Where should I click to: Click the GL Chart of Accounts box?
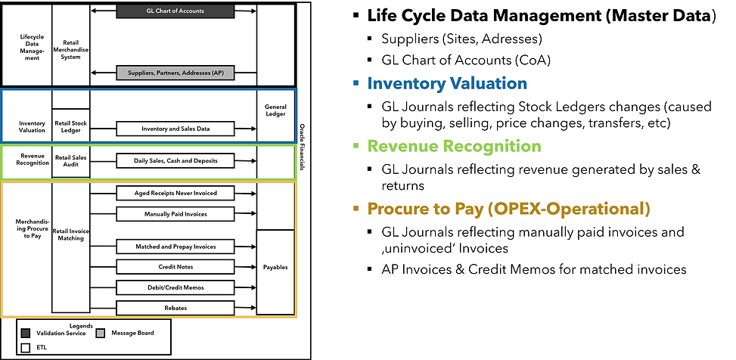click(x=174, y=11)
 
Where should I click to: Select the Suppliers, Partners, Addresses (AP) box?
click(x=174, y=73)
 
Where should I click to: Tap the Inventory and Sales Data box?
click(x=175, y=129)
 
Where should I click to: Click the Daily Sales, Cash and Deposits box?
click(x=175, y=161)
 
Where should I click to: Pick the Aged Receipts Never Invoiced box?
click(x=175, y=193)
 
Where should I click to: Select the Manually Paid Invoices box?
click(x=175, y=214)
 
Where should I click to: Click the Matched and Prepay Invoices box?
click(x=175, y=246)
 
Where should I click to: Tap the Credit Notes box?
click(x=175, y=267)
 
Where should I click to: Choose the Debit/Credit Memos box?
click(x=175, y=287)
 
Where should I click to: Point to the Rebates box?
click(x=175, y=308)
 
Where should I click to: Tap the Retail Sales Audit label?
click(x=70, y=161)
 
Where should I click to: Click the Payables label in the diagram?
click(x=275, y=266)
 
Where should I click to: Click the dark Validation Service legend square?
click(x=26, y=333)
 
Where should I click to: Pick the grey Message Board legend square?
click(x=101, y=333)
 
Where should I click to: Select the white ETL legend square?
click(x=26, y=347)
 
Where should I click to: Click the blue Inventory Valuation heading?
click(x=447, y=83)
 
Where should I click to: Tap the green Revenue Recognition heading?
click(x=454, y=146)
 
